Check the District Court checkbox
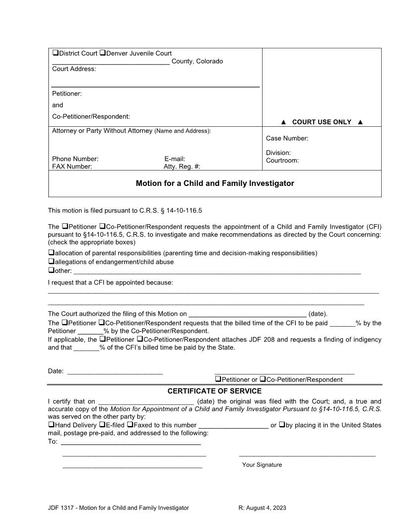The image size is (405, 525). pos(55,53)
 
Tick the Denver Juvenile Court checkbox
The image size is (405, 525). pos(102,53)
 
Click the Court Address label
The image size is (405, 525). pos(74,69)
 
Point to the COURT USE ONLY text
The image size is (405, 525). pos(322,122)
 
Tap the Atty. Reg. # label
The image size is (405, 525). pos(182,167)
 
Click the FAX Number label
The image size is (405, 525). pos(72,167)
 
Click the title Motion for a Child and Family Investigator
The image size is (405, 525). pos(215,183)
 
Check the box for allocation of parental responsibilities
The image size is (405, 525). pos(51,253)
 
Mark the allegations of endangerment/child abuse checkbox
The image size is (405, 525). pos(51,262)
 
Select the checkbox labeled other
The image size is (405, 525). pos(51,270)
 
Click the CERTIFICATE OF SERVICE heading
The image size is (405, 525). pos(214,391)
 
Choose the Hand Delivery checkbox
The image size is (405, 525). pos(51,425)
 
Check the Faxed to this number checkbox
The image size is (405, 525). pos(130,425)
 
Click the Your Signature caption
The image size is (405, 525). pos(262,465)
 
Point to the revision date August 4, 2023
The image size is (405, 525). pos(262,508)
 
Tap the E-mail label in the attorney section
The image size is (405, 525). pos(174,159)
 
